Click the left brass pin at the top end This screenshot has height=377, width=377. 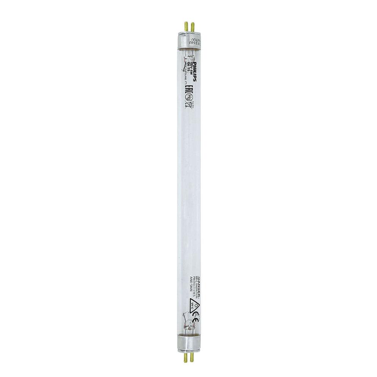[x=186, y=27]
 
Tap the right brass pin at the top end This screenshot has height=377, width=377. [x=193, y=27]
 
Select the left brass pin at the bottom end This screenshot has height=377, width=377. [x=186, y=357]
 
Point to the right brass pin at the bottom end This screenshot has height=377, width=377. [x=192, y=357]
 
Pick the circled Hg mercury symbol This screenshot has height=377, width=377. [x=188, y=98]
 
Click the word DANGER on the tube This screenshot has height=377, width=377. [x=199, y=287]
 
